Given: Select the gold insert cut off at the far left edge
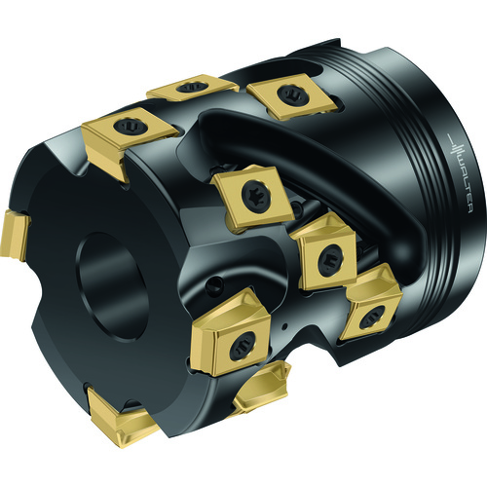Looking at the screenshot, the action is point(15,235).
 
